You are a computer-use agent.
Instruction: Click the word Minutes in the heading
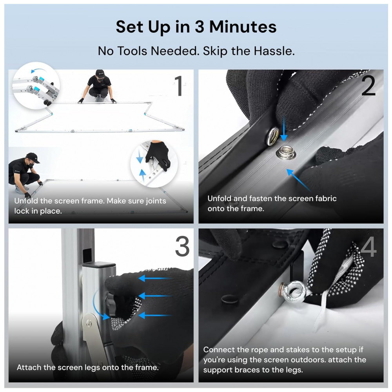coord(243,27)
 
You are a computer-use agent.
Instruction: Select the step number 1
coord(179,85)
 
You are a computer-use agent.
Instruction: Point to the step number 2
coord(368,86)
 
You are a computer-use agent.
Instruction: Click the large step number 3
coord(182,246)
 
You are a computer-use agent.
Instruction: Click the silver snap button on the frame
coord(286,152)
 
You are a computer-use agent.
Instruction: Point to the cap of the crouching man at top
coord(100,73)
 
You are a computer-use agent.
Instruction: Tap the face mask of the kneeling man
coord(31,165)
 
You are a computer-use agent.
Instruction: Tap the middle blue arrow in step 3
coord(155,296)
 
